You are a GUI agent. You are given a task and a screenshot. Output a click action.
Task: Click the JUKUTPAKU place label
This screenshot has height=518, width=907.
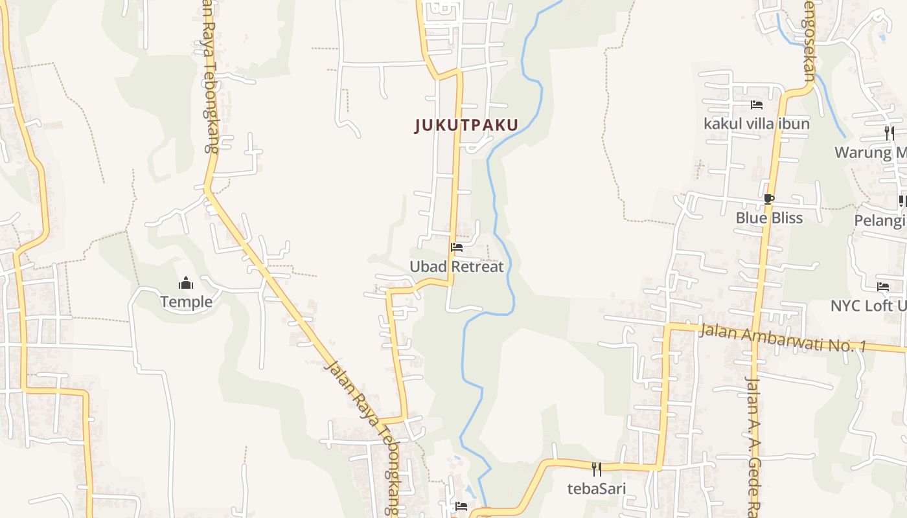(x=466, y=125)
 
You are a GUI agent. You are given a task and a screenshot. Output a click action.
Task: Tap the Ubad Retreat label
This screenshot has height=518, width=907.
(x=456, y=266)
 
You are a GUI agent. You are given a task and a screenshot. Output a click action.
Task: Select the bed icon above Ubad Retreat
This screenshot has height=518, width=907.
(x=457, y=247)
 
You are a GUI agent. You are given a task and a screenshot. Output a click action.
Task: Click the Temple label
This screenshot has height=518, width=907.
(x=186, y=302)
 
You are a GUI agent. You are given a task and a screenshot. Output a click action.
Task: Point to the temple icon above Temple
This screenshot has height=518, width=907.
(x=186, y=284)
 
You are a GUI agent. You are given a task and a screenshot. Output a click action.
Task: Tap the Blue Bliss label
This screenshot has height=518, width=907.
(x=769, y=218)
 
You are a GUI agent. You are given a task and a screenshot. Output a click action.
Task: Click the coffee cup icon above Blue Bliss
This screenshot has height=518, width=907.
(x=769, y=199)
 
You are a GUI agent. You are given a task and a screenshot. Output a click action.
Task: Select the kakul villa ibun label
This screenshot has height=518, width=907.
(x=757, y=123)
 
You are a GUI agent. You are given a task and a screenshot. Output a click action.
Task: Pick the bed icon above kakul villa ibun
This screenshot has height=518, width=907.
(x=757, y=105)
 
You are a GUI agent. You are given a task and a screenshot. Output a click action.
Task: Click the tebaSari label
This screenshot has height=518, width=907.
(x=597, y=488)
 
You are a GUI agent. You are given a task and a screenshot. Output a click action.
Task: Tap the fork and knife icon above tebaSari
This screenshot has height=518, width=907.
(x=597, y=469)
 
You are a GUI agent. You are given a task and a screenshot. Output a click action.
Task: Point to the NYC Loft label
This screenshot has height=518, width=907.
(x=868, y=305)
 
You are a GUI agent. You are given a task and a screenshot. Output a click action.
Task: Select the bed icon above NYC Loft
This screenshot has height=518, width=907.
(x=883, y=286)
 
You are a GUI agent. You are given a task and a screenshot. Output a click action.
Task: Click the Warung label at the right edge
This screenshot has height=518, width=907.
(x=870, y=153)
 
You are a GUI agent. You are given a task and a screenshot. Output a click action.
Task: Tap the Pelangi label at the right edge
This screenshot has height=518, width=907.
(x=880, y=221)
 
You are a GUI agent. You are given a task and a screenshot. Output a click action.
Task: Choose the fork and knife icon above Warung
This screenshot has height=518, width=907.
(x=890, y=133)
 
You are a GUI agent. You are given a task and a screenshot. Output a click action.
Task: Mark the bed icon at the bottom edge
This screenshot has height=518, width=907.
(x=461, y=506)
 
